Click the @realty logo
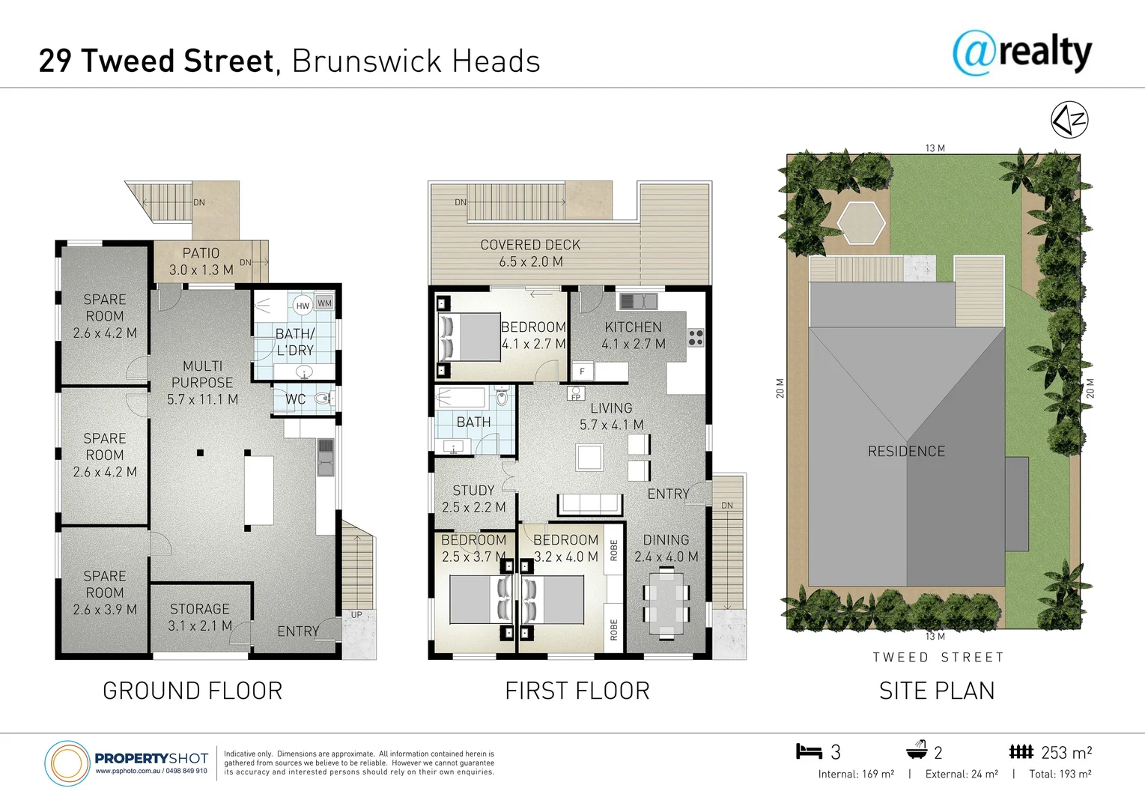tap(1021, 52)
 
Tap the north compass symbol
tap(1069, 120)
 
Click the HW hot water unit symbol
tap(303, 306)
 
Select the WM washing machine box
tap(324, 303)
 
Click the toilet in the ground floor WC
tap(323, 399)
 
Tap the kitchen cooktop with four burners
tap(696, 337)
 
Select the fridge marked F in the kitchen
tap(583, 371)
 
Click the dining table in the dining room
tap(666, 603)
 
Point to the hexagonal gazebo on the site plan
tap(861, 222)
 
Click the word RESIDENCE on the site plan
tap(906, 452)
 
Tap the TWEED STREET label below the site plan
tap(938, 658)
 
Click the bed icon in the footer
tap(809, 751)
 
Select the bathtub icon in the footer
tap(917, 751)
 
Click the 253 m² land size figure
tap(1066, 753)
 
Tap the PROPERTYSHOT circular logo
tap(67, 763)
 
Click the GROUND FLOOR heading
tap(192, 691)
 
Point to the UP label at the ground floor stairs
tap(356, 615)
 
